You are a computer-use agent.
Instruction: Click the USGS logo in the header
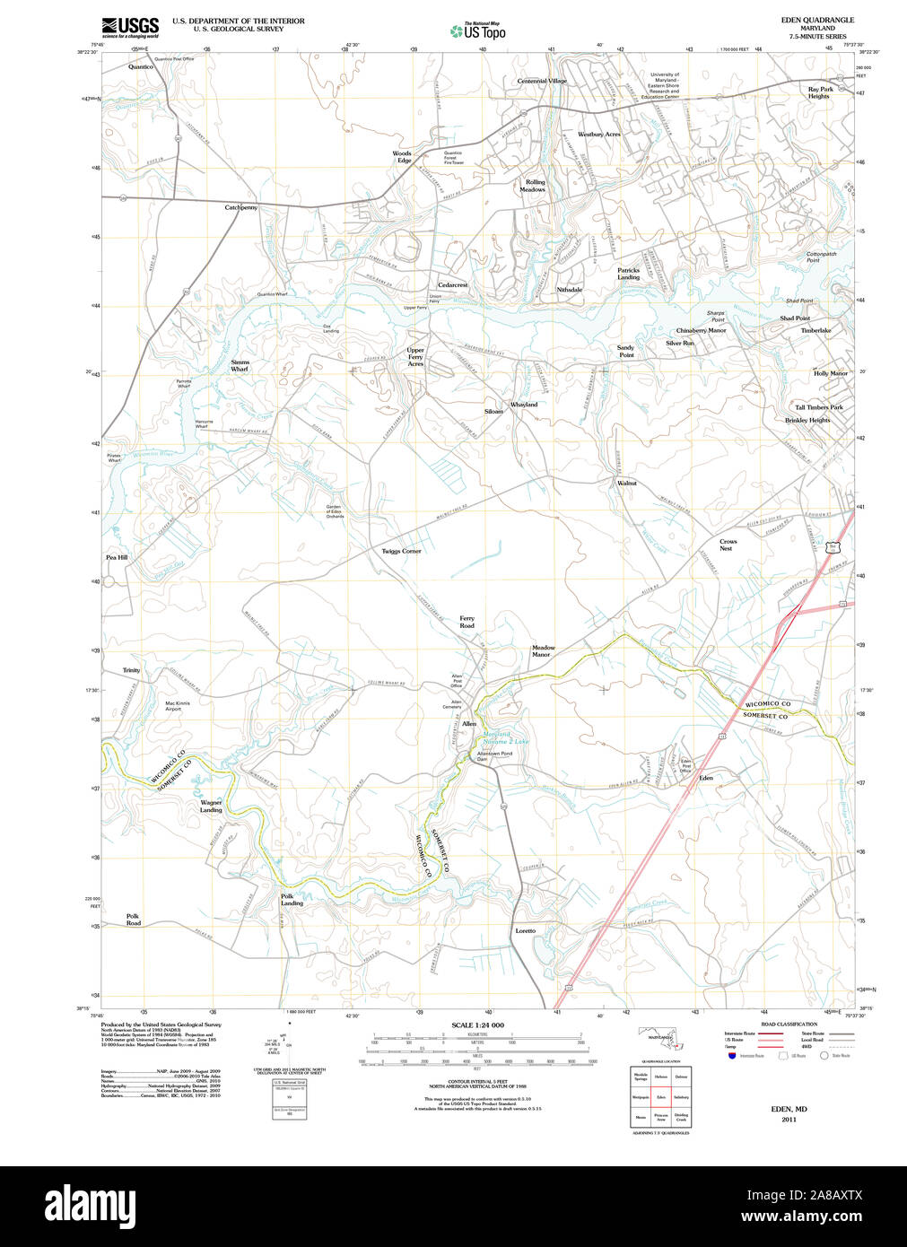[130, 26]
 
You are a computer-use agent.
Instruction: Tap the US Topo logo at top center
[478, 31]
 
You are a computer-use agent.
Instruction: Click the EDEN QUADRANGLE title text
[818, 20]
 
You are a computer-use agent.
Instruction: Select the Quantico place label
[141, 66]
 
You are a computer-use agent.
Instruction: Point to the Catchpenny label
[240, 207]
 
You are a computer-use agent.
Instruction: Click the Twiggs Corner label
[401, 551]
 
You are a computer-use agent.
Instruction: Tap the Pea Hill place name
[117, 557]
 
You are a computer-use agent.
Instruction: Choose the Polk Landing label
[292, 899]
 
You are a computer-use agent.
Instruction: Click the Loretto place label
[525, 930]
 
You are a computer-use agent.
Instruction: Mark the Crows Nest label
[728, 545]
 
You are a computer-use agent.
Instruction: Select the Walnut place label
[626, 483]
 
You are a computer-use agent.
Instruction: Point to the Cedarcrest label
[452, 284]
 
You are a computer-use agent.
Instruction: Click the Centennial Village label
[542, 81]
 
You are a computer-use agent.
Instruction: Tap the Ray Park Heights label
[820, 92]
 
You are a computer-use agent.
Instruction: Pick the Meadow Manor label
[543, 650]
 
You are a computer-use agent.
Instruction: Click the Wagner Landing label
[211, 806]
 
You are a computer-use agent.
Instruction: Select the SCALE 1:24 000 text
[477, 1025]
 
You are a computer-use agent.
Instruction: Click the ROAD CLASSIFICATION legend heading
[789, 1024]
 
